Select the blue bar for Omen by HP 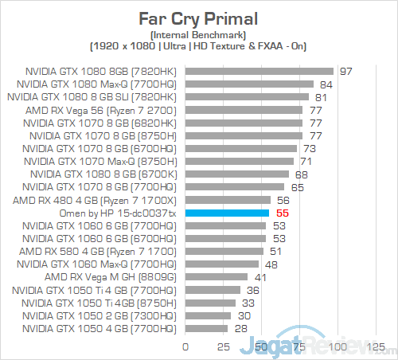pos(228,213)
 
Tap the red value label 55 pos(282,213)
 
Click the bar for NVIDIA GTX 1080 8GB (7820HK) pos(259,71)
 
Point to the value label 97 pos(345,71)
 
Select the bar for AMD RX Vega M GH pos(217,276)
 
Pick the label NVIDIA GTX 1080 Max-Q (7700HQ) pos(103,84)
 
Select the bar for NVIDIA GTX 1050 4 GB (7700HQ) pos(207,328)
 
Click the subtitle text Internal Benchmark pos(197,35)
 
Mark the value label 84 pos(326,84)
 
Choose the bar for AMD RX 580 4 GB pos(224,250)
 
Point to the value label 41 pos(260,276)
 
